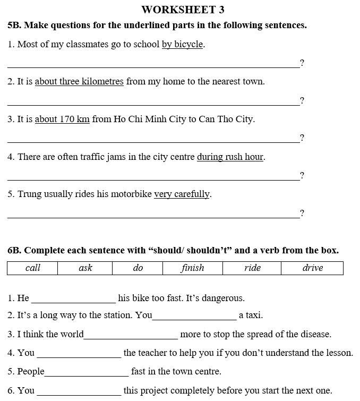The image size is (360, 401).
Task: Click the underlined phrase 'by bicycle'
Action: click(182, 45)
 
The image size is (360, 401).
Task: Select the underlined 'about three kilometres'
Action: click(79, 82)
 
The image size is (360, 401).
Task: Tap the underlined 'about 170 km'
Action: click(62, 119)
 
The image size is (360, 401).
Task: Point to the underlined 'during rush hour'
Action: click(230, 157)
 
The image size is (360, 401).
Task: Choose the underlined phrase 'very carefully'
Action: click(182, 194)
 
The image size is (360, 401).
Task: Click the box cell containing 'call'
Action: click(33, 268)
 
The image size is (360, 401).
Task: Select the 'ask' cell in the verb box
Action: click(85, 268)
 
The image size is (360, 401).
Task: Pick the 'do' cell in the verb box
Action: click(138, 268)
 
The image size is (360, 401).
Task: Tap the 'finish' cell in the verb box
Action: click(192, 268)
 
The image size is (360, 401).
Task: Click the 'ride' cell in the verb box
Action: click(252, 268)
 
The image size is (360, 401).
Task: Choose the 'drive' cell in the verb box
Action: click(312, 268)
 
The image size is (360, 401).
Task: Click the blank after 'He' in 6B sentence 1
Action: click(73, 298)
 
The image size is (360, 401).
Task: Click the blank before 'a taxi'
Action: click(194, 316)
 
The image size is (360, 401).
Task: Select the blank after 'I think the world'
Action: click(131, 335)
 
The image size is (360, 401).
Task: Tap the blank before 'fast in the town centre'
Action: click(87, 372)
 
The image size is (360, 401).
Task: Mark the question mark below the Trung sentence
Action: click(302, 214)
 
